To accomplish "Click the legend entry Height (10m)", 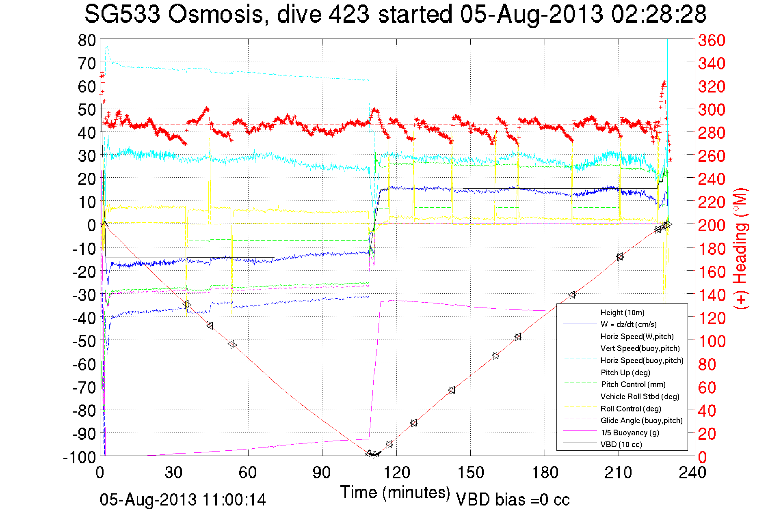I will tap(622, 312).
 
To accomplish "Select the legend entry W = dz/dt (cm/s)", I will tap(628, 324).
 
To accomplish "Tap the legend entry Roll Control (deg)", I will tap(630, 409).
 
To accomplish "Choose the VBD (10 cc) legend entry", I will tap(621, 444).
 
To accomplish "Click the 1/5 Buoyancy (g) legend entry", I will tap(630, 432).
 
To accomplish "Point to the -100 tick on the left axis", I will tap(79, 457).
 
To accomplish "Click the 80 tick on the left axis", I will tap(87, 40).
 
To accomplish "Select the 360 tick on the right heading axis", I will tap(712, 40).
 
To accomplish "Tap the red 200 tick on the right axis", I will tap(712, 225).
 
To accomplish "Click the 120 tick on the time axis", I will tap(396, 473).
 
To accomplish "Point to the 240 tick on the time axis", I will tap(692, 473).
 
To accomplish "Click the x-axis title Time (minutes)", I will tap(395, 493).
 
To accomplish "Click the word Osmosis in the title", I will tap(215, 14).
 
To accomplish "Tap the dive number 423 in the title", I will tap(349, 14).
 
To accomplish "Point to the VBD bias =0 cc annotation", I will tap(513, 500).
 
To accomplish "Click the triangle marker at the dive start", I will tap(105, 224).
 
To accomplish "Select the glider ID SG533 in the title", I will tap(121, 14).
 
